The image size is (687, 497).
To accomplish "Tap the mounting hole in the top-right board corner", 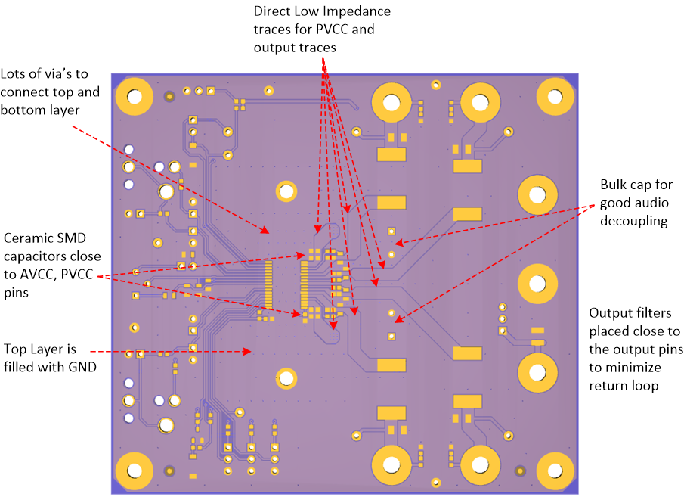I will (557, 97).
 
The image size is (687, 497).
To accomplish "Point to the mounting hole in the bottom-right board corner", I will (557, 471).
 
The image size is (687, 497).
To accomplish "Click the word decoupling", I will (634, 221).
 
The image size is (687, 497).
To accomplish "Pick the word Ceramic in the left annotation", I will (26, 238).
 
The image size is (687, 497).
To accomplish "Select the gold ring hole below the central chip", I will (286, 377).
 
